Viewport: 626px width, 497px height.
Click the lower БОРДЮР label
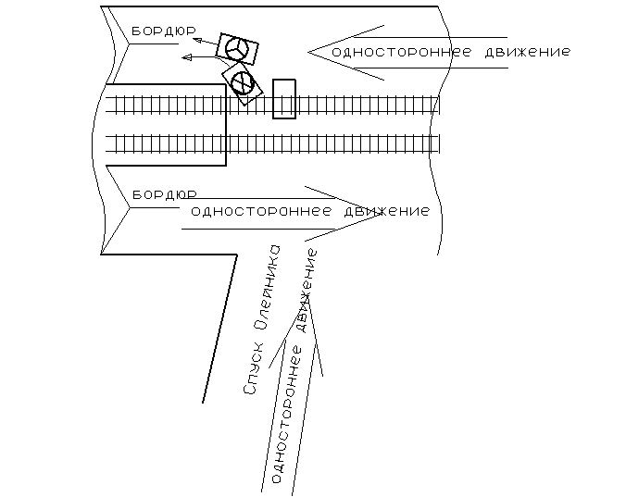point(163,195)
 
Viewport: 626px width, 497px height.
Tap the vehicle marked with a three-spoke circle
point(238,49)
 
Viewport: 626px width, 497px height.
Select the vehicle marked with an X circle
point(243,82)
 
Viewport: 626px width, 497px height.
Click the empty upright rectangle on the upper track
point(284,98)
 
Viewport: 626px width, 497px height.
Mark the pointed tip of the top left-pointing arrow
point(309,52)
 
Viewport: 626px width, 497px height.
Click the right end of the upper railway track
point(438,103)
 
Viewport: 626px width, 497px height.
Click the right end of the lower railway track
point(438,143)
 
